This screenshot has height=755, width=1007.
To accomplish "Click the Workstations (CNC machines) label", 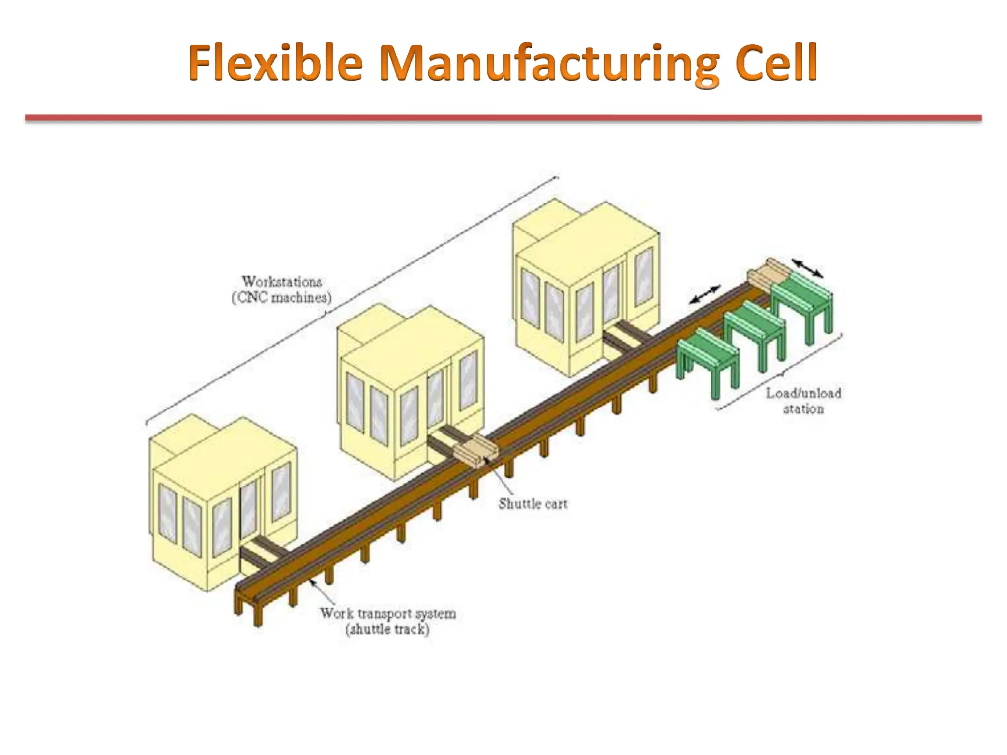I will (x=281, y=290).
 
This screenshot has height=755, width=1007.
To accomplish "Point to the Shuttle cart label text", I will (x=533, y=504).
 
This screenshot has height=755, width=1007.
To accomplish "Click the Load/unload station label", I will (x=803, y=401).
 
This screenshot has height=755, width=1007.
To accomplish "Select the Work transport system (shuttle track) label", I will (x=387, y=621).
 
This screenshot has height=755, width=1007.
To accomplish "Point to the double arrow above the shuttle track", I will (x=705, y=294).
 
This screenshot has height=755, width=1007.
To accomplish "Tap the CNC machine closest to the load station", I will (x=585, y=285).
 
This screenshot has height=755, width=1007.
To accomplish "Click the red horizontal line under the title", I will (x=503, y=118).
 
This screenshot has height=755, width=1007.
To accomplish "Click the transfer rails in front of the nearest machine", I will (x=263, y=553).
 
